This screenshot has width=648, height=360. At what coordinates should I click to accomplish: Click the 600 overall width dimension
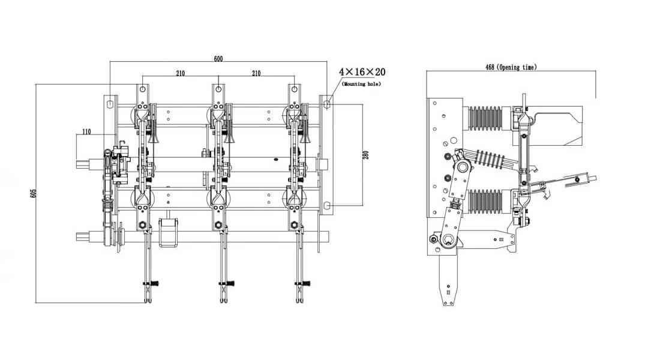218,59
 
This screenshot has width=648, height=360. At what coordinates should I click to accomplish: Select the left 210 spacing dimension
181,73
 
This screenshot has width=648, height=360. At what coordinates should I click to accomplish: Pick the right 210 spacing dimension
256,73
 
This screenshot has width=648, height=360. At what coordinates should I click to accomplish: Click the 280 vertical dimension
367,155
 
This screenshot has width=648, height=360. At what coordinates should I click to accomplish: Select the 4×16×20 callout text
362,72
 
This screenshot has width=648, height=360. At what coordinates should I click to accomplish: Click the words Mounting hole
361,85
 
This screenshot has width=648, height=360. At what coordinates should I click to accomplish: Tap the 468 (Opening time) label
511,67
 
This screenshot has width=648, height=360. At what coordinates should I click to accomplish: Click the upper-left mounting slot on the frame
110,104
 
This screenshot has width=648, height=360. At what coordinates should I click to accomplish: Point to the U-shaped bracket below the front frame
169,232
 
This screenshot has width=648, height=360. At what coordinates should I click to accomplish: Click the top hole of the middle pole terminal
218,89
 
